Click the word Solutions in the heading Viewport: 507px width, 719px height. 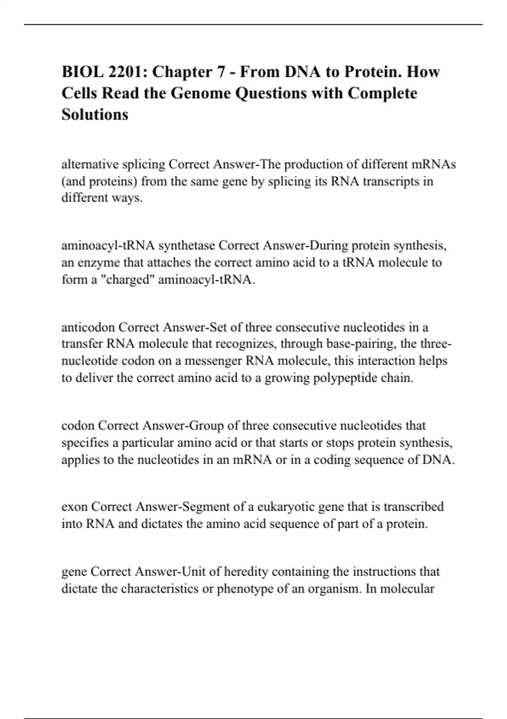point(95,114)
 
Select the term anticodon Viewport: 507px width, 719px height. point(88,327)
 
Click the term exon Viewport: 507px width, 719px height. point(74,506)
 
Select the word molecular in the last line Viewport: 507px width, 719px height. point(407,588)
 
